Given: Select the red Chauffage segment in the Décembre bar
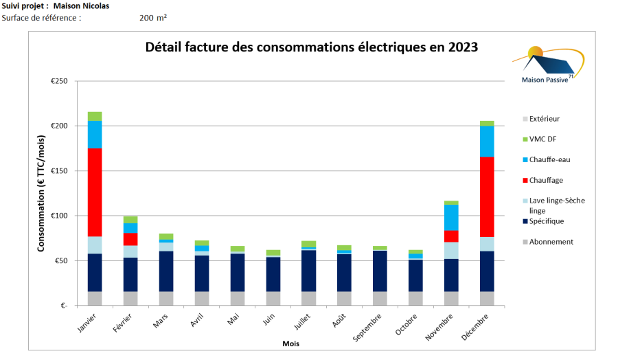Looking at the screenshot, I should point(487,196).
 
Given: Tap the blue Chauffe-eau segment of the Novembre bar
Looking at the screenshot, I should point(451,217).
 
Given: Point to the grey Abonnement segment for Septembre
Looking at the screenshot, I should point(380,298).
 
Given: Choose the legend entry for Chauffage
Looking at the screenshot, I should point(546,180).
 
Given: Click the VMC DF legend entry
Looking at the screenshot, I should point(542,139).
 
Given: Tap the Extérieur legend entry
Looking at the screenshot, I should point(545,119).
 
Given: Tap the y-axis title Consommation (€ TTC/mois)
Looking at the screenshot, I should point(41,194).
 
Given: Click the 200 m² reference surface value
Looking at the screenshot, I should point(152,17).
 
